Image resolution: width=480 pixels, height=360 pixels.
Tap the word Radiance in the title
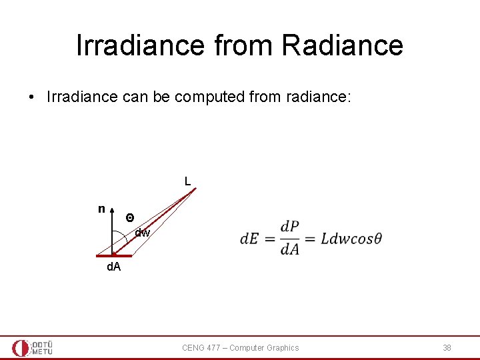tap(342, 45)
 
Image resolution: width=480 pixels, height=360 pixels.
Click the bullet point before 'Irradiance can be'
tap(31, 97)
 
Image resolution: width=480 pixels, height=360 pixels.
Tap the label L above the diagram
tap(187, 181)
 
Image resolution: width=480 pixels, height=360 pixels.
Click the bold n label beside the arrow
tap(101, 209)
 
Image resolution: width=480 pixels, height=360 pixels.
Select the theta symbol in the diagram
tap(130, 218)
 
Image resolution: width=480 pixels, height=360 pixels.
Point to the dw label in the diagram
tap(143, 233)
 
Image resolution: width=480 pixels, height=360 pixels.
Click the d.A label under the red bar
tap(114, 267)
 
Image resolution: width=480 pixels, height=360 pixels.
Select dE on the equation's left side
tap(251, 239)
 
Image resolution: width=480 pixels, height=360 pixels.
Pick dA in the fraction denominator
tap(290, 249)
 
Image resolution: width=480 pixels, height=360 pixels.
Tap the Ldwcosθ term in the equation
tap(351, 239)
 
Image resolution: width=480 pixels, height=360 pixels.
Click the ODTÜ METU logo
tap(32, 347)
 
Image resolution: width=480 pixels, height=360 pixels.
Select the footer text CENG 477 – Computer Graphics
tap(241, 347)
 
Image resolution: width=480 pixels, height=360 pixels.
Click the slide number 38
tap(447, 347)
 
